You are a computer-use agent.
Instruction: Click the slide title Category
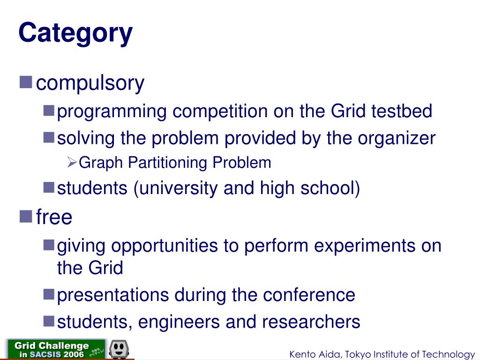(75, 34)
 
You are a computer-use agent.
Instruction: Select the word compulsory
(90, 83)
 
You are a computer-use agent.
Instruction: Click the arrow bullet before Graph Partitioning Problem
(72, 163)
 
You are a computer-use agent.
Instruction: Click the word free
(54, 217)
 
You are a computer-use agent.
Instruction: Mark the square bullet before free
(26, 217)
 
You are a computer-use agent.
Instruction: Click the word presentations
(113, 295)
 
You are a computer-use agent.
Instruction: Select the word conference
(309, 295)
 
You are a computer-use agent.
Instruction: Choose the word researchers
(311, 322)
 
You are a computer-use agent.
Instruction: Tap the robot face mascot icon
(119, 349)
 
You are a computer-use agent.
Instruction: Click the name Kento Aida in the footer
(310, 354)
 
